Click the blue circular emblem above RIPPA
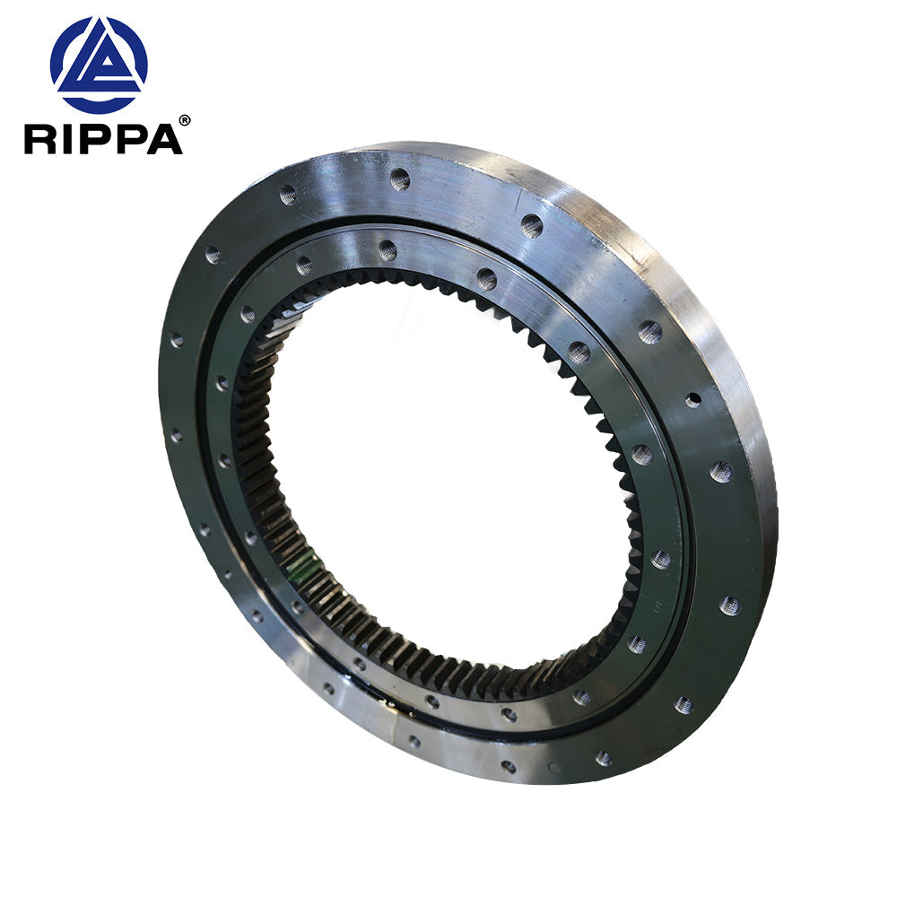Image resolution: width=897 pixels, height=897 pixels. coord(99,65)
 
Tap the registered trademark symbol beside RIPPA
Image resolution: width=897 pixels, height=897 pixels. coord(185,120)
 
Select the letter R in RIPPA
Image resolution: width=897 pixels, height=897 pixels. coord(40,139)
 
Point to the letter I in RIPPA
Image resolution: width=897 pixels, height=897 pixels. coord(66,139)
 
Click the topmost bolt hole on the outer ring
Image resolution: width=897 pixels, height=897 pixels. coord(400,179)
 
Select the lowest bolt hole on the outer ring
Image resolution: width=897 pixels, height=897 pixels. coord(509,767)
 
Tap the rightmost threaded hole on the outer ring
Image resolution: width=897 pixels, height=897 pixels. coord(729,605)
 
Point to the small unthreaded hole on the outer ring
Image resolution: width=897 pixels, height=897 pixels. coord(693,400)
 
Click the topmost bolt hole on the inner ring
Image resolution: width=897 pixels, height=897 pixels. coord(388,250)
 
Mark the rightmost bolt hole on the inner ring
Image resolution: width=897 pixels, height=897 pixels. coord(661,560)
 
